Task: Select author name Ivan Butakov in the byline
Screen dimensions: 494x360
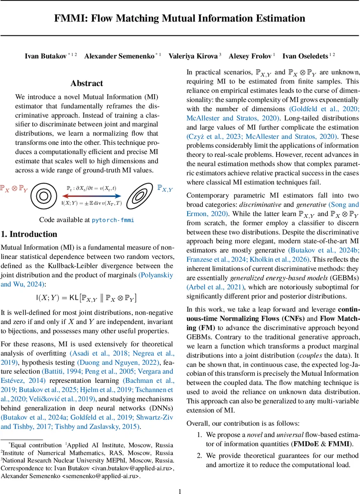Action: (x=46, y=56)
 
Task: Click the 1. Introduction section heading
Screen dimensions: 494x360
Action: (x=29, y=234)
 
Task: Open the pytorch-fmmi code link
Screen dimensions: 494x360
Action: (x=113, y=220)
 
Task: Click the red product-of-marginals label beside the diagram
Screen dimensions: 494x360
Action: (x=14, y=189)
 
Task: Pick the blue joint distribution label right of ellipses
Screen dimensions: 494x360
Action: (x=165, y=188)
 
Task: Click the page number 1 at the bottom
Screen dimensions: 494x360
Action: (x=180, y=491)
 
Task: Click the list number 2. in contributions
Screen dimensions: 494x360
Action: (x=200, y=456)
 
